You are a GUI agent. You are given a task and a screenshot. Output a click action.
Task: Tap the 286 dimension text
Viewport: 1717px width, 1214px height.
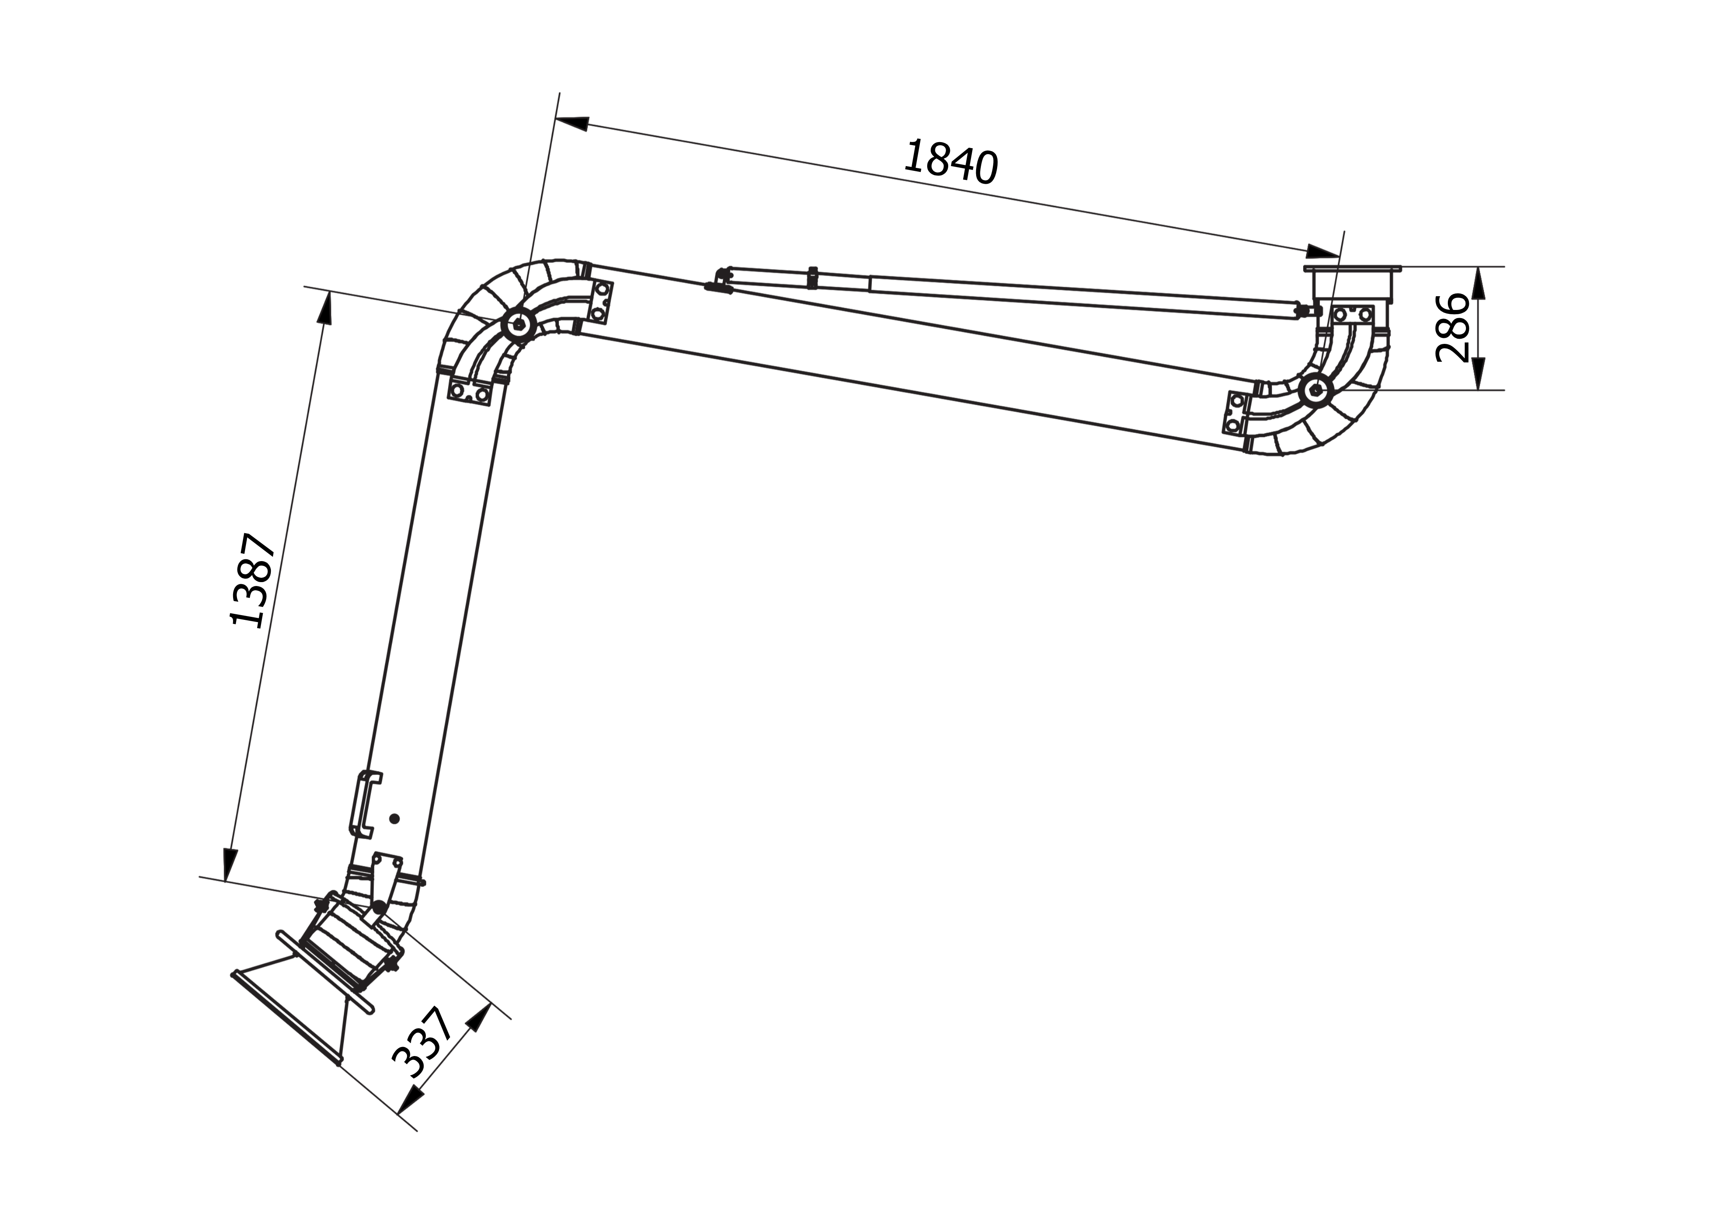pyautogui.click(x=1453, y=328)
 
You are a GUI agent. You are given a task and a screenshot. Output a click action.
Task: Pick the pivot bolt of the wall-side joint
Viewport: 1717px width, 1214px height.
pyautogui.click(x=1315, y=389)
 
